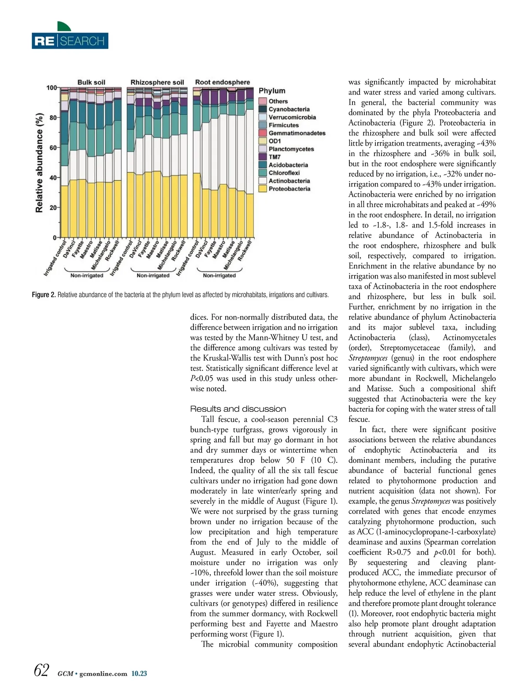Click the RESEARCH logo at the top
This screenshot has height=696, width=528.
coord(70,41)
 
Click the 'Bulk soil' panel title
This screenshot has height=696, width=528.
coord(91,82)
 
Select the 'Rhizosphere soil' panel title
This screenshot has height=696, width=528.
coord(157,82)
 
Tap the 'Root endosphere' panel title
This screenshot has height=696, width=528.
coord(222,82)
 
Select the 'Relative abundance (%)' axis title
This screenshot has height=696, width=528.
coord(40,163)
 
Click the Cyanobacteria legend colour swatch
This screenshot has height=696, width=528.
coord(263,109)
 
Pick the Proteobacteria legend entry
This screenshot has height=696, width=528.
coord(289,189)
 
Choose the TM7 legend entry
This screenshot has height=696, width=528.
coord(275,157)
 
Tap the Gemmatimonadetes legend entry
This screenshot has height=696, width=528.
coord(297,133)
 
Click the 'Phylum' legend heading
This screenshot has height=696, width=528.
coord(272,91)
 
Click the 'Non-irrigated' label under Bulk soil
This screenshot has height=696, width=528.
coord(87,275)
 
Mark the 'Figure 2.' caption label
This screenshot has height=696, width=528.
coord(44,295)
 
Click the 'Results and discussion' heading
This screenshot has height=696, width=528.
coord(238,409)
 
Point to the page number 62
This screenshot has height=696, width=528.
coord(41,670)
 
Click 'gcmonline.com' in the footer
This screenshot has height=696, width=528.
coord(103,674)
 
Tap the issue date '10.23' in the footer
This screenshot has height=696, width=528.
coord(139,674)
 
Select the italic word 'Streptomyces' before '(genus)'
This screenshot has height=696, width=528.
coord(368,358)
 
